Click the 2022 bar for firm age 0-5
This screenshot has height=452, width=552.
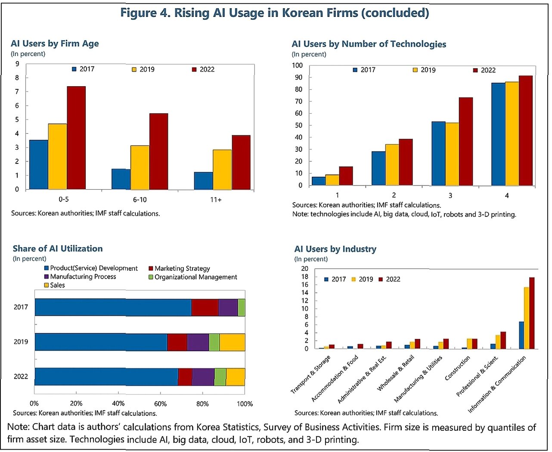point(76,138)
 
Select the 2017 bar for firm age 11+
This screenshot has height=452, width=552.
point(203,181)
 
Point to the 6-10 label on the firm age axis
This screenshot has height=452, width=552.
point(140,200)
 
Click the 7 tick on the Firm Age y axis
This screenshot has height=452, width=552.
point(17,92)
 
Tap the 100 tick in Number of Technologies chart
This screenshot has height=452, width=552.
point(297,66)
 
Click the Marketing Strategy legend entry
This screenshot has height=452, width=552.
point(182,268)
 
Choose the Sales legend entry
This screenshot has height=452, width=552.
point(57,285)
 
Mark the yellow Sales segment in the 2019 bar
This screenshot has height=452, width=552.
point(232,342)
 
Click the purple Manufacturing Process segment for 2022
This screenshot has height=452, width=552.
point(203,377)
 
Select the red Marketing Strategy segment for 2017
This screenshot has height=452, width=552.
point(205,308)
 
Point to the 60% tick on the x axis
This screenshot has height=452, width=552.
point(160,404)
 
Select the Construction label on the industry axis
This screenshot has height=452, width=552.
point(458,368)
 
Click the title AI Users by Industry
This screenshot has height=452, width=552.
point(335,249)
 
